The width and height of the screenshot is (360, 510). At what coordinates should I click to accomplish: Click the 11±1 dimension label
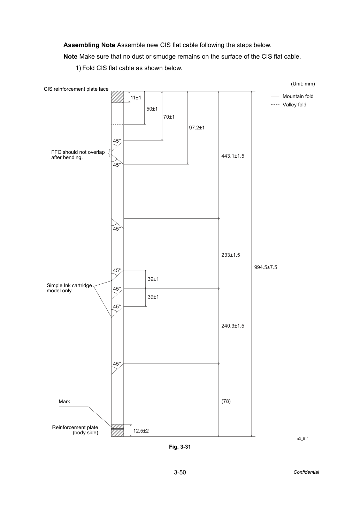click(136, 98)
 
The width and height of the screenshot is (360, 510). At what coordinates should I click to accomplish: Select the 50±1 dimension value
click(152, 109)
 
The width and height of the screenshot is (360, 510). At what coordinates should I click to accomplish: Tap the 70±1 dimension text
click(169, 117)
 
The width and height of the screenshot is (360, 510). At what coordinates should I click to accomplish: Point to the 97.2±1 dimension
click(197, 128)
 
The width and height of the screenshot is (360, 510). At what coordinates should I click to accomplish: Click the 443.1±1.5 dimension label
click(233, 156)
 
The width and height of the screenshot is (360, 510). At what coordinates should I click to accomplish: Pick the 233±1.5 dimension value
click(231, 255)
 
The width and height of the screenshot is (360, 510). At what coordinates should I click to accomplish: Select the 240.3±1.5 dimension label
click(233, 326)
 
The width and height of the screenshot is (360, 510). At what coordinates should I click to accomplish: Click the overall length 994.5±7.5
click(266, 267)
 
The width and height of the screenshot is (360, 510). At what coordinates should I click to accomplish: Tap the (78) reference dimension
click(226, 401)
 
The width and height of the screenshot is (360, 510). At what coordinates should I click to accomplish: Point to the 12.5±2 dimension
click(141, 431)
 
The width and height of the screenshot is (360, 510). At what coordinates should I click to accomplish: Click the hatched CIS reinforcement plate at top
click(117, 97)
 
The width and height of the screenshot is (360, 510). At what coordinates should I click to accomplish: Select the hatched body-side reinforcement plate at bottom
click(117, 430)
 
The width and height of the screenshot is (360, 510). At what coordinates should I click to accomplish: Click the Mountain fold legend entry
click(292, 96)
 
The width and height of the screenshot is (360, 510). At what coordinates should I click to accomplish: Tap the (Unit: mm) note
click(303, 84)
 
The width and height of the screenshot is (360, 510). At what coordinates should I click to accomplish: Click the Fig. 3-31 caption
click(180, 447)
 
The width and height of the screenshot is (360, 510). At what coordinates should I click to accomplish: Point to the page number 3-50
click(180, 472)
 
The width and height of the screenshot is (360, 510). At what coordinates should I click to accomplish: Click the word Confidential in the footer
click(306, 472)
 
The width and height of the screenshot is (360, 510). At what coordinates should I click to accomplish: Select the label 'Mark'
click(64, 402)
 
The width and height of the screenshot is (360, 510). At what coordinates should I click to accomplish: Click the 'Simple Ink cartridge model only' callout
click(69, 288)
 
